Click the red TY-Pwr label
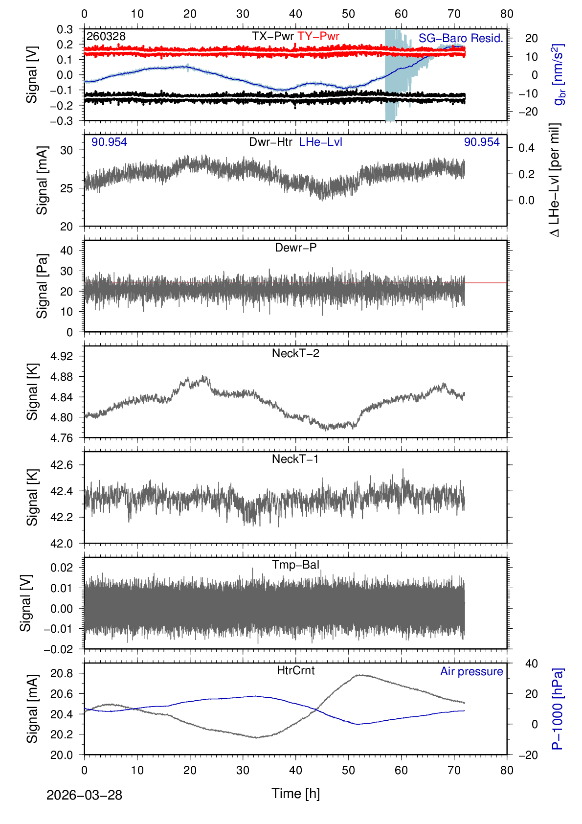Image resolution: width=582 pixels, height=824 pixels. pos(318,37)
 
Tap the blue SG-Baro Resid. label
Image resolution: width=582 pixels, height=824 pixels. pos(461,39)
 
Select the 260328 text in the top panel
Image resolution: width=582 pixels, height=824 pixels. pos(106,37)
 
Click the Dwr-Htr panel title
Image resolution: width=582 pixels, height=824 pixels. pos(270,142)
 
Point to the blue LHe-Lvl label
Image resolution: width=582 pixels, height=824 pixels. pos(320,142)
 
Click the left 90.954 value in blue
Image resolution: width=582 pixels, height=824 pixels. pos(109,142)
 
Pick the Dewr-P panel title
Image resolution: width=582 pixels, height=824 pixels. pos(295,248)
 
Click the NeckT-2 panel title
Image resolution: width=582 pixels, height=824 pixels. pos(295,354)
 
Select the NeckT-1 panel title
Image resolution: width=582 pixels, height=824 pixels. pos(295,459)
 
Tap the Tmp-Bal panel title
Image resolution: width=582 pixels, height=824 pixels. pos(295,565)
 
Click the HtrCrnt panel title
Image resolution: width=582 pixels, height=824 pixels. pos(295,671)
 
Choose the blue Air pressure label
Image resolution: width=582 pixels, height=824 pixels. pos(471,672)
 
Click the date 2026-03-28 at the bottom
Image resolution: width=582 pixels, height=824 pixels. pos(84,795)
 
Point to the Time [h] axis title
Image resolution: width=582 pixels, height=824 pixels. pos(295,794)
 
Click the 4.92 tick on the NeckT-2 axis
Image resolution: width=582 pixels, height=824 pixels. pos(62,356)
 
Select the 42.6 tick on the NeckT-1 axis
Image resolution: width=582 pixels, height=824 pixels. pos(62,465)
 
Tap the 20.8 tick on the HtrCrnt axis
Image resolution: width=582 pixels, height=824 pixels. pos(62,674)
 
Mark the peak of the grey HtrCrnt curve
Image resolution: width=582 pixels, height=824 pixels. pos(359,675)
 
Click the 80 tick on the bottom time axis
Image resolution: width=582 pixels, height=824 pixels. pos(507,771)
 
